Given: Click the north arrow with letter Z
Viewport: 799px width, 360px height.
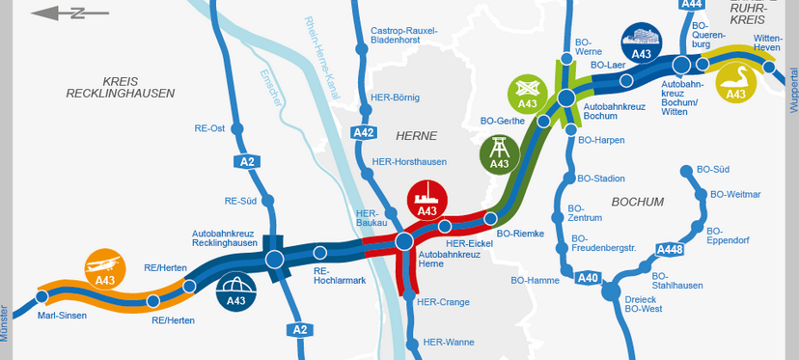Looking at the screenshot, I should click(x=59, y=14).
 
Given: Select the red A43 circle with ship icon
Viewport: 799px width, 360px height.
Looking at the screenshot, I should click(x=427, y=200).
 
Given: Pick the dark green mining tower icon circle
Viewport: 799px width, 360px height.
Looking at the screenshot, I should click(x=499, y=152).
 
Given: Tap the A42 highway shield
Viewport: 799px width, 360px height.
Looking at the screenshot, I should click(x=364, y=132).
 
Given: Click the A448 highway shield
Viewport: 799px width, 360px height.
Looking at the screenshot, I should click(x=669, y=251).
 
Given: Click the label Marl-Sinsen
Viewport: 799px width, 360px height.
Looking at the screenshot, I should click(x=63, y=316).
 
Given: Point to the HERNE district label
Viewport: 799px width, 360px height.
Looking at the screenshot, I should click(x=417, y=136).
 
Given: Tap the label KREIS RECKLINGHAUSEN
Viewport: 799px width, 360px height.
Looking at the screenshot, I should click(x=121, y=88).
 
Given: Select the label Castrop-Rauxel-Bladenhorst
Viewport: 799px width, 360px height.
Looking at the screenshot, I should click(x=404, y=36).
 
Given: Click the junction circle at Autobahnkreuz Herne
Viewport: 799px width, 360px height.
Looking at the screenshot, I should click(x=404, y=240).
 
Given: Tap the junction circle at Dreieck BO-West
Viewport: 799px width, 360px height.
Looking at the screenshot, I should click(x=611, y=290).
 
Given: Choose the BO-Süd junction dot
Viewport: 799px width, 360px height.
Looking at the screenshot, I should click(x=686, y=172).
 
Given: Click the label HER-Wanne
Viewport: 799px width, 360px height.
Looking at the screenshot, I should click(x=448, y=342).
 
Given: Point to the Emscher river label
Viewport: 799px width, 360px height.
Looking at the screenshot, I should click(x=273, y=86).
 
